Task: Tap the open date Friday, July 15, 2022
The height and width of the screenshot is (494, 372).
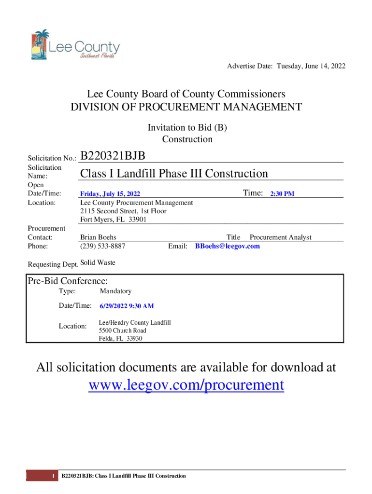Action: pos(110,194)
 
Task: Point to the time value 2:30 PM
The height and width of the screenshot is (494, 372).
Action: pos(282,194)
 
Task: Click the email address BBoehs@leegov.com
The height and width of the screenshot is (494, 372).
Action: pos(227,247)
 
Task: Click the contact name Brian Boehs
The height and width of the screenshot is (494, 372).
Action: pos(98,237)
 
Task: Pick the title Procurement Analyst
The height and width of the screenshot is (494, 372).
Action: pos(280,237)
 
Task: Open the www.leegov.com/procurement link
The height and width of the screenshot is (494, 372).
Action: pos(186,385)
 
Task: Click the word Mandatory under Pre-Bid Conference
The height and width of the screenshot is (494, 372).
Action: pos(115,291)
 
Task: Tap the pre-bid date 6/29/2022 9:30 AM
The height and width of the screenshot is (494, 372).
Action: pos(127,306)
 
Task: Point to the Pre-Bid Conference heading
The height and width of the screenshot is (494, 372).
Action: pos(68,281)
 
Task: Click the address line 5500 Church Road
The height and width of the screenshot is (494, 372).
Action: pos(123,330)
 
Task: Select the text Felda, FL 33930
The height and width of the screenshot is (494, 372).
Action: pos(121,339)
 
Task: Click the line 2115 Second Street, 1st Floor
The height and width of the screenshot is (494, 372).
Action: pos(123,211)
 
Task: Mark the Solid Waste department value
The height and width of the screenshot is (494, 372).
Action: pos(98,262)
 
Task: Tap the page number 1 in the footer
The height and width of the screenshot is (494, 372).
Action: pos(53,476)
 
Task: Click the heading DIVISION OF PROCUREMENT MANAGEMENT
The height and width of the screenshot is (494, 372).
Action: pos(186,107)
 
